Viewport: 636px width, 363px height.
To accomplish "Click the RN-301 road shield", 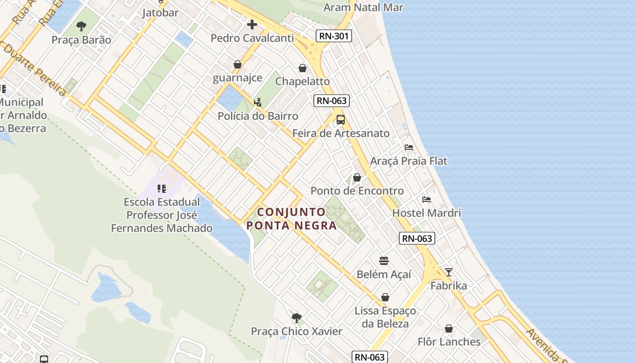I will pyautogui.click(x=334, y=36).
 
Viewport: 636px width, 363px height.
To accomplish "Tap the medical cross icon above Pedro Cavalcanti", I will pyautogui.click(x=252, y=24).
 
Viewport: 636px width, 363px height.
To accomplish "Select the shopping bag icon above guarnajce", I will pyautogui.click(x=237, y=64).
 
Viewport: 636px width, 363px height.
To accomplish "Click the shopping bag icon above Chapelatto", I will pyautogui.click(x=303, y=68).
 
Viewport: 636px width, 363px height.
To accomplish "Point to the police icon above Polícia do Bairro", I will pyautogui.click(x=258, y=103).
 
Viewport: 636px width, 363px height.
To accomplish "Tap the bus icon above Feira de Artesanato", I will pyautogui.click(x=341, y=120).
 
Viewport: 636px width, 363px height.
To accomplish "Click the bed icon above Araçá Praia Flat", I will pyautogui.click(x=409, y=147).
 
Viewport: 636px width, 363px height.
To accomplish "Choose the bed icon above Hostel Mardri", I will pyautogui.click(x=426, y=199).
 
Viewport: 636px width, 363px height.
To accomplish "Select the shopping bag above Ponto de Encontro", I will pyautogui.click(x=357, y=177).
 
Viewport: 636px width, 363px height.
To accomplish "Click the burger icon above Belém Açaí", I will pyautogui.click(x=384, y=261).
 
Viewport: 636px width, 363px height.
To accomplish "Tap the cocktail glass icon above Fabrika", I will pyautogui.click(x=449, y=272).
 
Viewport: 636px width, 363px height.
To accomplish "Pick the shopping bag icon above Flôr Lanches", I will pyautogui.click(x=449, y=329).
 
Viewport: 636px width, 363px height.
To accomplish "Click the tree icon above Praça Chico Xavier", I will pyautogui.click(x=296, y=318).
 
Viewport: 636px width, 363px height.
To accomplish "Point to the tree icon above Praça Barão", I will pyautogui.click(x=81, y=26).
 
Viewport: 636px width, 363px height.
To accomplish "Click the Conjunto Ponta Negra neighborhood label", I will pyautogui.click(x=292, y=219).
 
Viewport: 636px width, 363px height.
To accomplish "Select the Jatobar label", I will pyautogui.click(x=160, y=12).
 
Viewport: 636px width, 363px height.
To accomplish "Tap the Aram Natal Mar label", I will pyautogui.click(x=363, y=7).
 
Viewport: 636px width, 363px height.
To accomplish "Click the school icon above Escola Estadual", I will pyautogui.click(x=162, y=188).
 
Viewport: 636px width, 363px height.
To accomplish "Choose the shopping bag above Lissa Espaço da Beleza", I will pyautogui.click(x=385, y=297).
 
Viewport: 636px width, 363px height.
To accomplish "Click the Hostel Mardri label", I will pyautogui.click(x=427, y=213).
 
